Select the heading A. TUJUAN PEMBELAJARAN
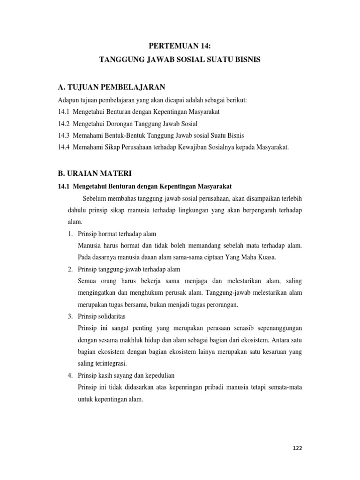pos(111,87)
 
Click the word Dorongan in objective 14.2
pos(123,124)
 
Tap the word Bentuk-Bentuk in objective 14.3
pos(129,136)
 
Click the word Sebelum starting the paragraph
pos(93,198)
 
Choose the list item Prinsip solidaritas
pos(103,316)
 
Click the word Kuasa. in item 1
pos(265,257)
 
